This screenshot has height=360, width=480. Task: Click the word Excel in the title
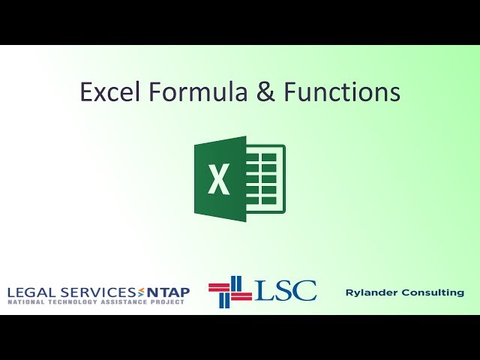coord(110,92)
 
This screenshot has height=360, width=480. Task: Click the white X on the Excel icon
coord(219,179)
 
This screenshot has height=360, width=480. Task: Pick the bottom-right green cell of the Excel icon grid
coord(274,204)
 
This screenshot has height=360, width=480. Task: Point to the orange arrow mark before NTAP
coord(138,292)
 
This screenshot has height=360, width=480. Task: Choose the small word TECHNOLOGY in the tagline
coord(71,301)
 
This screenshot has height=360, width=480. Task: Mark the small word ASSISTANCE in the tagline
coord(123,301)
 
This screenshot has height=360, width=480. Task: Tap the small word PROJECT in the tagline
coord(168,301)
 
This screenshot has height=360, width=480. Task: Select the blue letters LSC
coord(286,290)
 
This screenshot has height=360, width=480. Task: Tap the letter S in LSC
coord(285,290)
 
